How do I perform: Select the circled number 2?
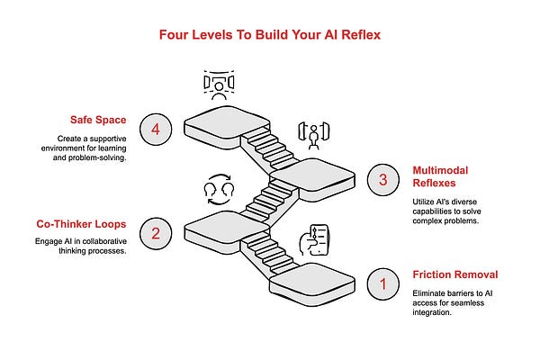157,234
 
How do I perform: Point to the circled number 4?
157,130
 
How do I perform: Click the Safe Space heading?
99,120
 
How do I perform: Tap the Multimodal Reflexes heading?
439,175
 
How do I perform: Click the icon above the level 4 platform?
217,84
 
